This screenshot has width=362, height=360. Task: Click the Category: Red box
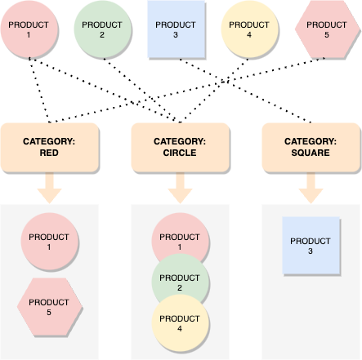point(49,145)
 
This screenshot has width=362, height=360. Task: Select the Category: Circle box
point(180,145)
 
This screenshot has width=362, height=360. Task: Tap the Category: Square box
point(311,145)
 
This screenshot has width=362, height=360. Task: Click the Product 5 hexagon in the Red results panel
point(49,307)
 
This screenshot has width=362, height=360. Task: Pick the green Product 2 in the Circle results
point(180,283)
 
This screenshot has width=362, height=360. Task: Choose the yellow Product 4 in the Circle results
point(180,323)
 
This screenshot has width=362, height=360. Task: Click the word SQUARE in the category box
point(311,152)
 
